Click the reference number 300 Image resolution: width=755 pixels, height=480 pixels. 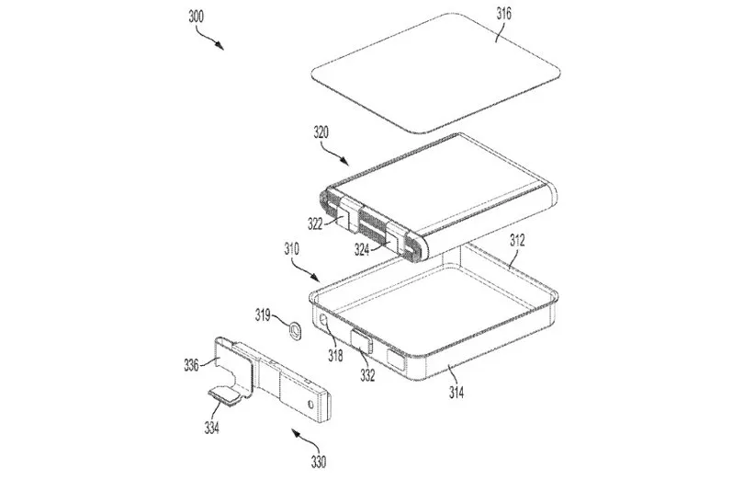(x=197, y=17)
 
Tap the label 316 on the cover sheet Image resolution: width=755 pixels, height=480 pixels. (x=503, y=14)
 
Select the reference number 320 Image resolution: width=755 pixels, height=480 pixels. (x=321, y=132)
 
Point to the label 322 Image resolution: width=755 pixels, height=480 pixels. (x=315, y=224)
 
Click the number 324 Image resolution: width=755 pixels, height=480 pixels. (x=362, y=249)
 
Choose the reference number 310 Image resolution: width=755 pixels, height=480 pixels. (x=291, y=249)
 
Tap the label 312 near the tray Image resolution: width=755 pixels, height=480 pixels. (x=517, y=240)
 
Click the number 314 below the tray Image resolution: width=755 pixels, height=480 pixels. (x=456, y=393)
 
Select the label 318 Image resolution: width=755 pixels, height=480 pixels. (x=335, y=356)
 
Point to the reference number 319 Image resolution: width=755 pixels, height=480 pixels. (x=263, y=315)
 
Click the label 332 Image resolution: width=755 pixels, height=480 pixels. (x=367, y=375)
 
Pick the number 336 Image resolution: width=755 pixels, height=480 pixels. (x=191, y=365)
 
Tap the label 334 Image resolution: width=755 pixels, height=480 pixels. (x=211, y=427)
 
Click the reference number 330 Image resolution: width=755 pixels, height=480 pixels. (x=319, y=462)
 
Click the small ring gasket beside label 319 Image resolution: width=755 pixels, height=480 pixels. (x=294, y=331)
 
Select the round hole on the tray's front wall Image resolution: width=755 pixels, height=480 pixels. (x=324, y=319)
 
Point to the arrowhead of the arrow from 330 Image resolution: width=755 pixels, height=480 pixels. (x=295, y=433)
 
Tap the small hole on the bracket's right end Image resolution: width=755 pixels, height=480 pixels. (x=311, y=403)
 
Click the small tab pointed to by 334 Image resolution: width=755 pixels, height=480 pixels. (x=225, y=394)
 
